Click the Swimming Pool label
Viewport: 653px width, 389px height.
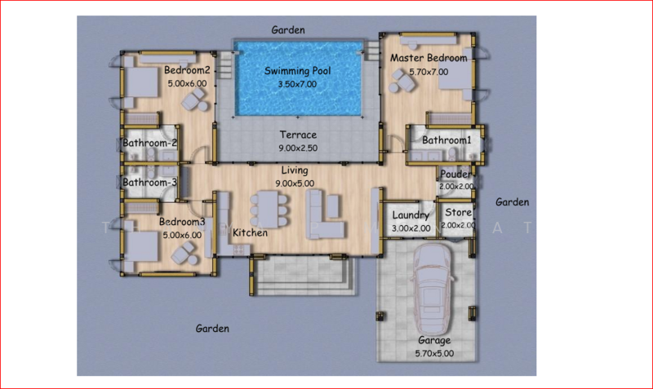[297, 71]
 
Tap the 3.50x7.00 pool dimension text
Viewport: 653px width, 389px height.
[297, 84]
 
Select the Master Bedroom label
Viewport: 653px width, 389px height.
[429, 58]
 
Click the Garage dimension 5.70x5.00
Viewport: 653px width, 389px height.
[434, 354]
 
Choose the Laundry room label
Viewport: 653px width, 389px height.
[411, 215]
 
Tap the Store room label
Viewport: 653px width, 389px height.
[458, 212]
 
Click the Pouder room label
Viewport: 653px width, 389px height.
[455, 174]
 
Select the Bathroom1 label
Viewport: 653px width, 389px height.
[446, 140]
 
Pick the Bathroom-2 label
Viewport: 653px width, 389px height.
[149, 143]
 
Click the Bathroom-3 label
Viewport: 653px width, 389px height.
[149, 182]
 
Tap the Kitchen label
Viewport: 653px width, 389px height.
[250, 232]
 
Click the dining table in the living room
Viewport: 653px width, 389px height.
[269, 210]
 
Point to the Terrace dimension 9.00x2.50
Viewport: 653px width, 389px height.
[298, 148]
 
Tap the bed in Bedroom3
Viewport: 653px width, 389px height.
[141, 247]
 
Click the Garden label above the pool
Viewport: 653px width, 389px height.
[288, 30]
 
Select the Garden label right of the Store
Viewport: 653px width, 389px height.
[513, 202]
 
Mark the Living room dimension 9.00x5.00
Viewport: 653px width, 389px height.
[295, 183]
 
